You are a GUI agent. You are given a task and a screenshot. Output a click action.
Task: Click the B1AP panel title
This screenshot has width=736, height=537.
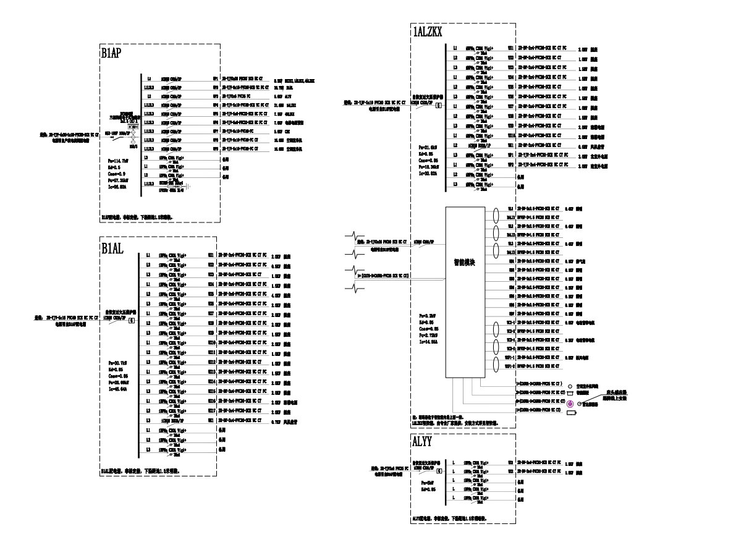[111, 54]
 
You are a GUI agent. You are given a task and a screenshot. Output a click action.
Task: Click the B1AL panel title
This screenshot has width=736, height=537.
[112, 248]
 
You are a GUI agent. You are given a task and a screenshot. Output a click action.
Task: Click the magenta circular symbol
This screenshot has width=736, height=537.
[570, 404]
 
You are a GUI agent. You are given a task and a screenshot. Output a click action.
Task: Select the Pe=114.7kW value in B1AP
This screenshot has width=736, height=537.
[119, 160]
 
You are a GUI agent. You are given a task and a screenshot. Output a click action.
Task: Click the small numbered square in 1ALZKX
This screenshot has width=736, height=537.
[438, 105]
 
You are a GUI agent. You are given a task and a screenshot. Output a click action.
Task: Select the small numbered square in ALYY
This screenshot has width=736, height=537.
[438, 470]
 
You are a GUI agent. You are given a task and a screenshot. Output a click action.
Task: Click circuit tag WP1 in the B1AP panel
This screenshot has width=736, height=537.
[215, 80]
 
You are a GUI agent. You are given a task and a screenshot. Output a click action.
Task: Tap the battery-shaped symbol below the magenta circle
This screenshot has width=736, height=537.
[571, 412]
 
